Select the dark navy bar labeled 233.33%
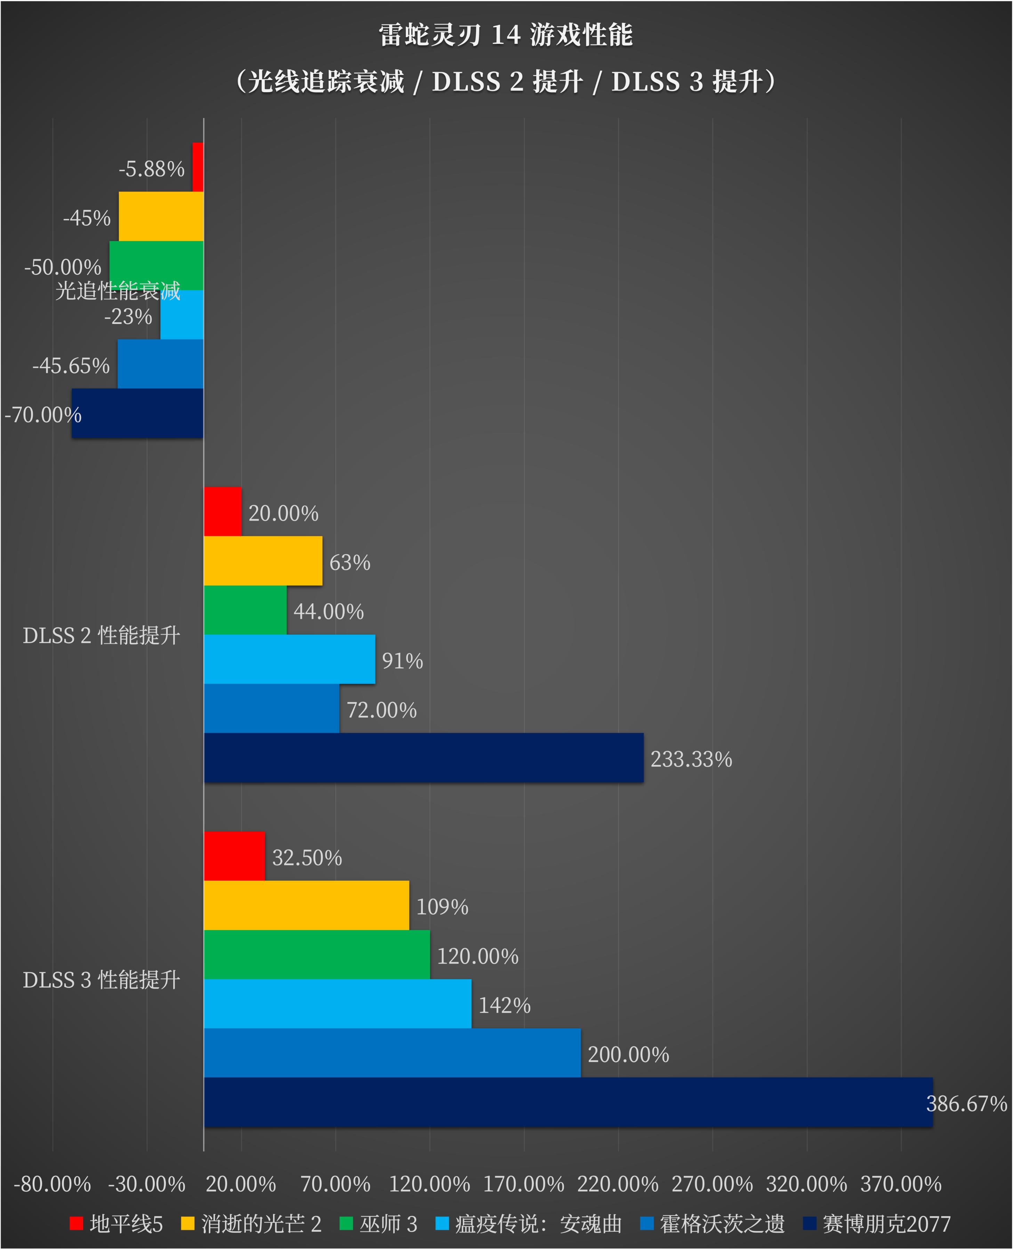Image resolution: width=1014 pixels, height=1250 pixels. (424, 758)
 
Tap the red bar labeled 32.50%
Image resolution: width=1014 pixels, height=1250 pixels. (234, 856)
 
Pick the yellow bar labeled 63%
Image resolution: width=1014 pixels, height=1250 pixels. (263, 561)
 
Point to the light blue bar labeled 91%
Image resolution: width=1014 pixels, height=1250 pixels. (289, 659)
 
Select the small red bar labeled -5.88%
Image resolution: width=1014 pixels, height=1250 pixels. (198, 167)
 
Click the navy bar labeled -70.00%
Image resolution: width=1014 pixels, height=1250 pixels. (137, 414)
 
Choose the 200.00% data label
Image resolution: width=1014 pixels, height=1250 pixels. (628, 1055)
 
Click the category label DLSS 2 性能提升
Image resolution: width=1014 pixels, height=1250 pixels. (102, 635)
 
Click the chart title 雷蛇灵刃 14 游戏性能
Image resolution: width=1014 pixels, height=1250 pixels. (506, 35)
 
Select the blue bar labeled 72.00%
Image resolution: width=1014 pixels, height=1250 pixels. (272, 708)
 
